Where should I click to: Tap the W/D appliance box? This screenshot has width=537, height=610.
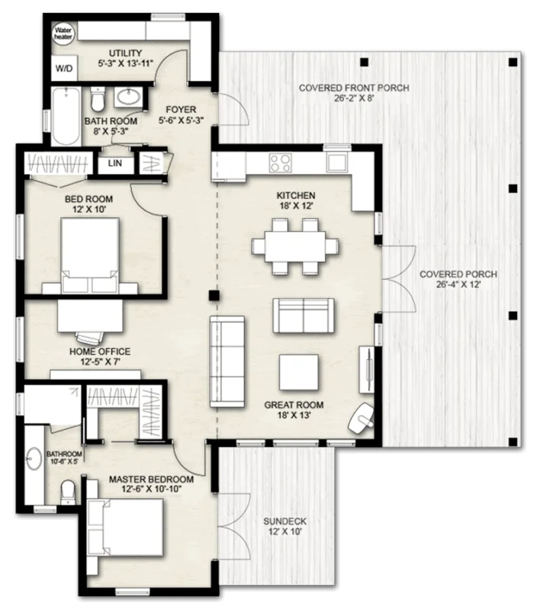click(63, 69)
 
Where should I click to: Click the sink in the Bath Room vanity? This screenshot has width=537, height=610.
click(129, 98)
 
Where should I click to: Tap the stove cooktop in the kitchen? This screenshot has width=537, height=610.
click(280, 162)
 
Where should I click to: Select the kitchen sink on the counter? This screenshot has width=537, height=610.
click(336, 162)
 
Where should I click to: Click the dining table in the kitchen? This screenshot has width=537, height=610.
click(295, 246)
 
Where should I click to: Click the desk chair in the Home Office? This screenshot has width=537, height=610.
click(88, 335)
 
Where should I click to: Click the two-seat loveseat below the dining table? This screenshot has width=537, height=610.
click(303, 315)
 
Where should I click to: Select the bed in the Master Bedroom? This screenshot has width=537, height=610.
click(127, 526)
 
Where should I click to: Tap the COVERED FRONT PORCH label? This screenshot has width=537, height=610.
click(353, 88)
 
